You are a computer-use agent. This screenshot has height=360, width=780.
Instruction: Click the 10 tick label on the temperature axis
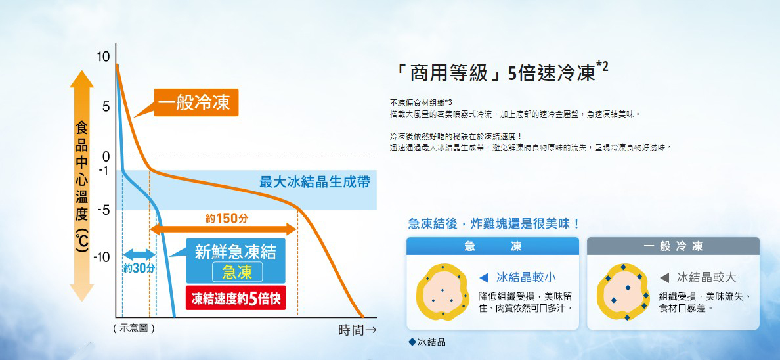(102, 56)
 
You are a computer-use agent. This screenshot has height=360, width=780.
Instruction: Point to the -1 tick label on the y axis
(104, 171)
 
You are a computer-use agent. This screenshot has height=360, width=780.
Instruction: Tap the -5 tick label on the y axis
(104, 210)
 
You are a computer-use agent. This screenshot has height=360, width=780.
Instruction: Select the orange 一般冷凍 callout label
(196, 102)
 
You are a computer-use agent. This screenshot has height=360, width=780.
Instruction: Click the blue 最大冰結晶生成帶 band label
(314, 182)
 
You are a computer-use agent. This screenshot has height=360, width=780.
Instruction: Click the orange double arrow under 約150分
(223, 229)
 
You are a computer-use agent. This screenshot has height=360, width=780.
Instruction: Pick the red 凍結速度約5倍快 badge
(236, 299)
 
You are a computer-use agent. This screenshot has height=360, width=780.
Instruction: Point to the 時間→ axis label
(357, 330)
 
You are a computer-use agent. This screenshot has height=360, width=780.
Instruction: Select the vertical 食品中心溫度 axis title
(81, 187)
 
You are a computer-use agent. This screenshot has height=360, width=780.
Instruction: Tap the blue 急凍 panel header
(492, 246)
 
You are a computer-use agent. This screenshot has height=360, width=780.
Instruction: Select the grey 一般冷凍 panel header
(673, 246)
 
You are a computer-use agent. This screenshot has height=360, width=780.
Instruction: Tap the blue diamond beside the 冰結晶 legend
(412, 342)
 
